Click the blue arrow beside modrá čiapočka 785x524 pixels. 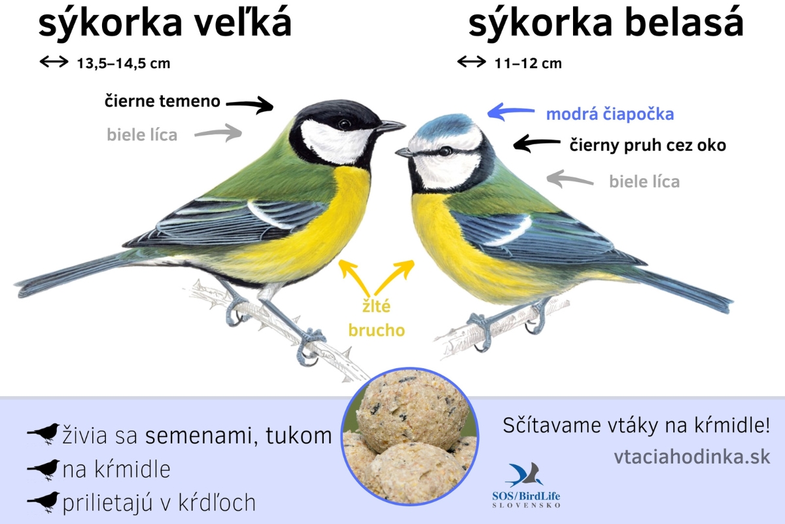[511, 112]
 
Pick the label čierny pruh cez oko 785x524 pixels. [648, 145]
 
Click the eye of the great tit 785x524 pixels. [344, 124]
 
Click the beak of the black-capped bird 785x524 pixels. [391, 126]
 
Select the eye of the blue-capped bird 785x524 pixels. [445, 151]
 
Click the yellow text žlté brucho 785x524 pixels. [376, 318]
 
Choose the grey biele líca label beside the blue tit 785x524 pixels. [644, 181]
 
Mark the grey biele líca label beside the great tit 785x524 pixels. [142, 135]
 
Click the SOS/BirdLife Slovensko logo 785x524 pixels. [526, 485]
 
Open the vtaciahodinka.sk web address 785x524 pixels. [692, 457]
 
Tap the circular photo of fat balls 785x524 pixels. [410, 436]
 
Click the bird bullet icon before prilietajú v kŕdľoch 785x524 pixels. [43, 502]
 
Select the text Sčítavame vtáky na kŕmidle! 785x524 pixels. [636, 425]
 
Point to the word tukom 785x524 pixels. [298, 436]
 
